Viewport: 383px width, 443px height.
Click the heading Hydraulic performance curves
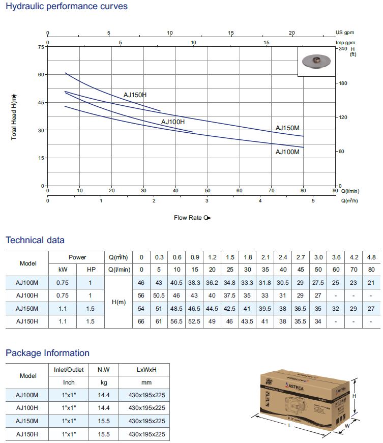[x=66, y=7]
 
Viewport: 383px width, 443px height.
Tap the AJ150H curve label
[x=135, y=95]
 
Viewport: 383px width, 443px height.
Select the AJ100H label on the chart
[x=173, y=122]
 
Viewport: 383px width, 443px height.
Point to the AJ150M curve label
[x=287, y=128]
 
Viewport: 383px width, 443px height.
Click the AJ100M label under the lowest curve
[x=287, y=152]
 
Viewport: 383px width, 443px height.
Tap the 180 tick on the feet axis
[x=342, y=83]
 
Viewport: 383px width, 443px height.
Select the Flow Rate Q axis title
[x=192, y=218]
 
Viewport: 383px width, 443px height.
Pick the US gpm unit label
[x=345, y=33]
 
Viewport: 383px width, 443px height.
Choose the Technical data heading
[x=35, y=240]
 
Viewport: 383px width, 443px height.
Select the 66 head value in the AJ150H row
[x=141, y=321]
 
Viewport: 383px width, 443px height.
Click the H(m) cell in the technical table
[x=118, y=302]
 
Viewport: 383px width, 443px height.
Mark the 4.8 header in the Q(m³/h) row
[x=371, y=257]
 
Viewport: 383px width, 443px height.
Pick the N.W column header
[x=104, y=369]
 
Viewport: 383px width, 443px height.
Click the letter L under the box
[x=290, y=426]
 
